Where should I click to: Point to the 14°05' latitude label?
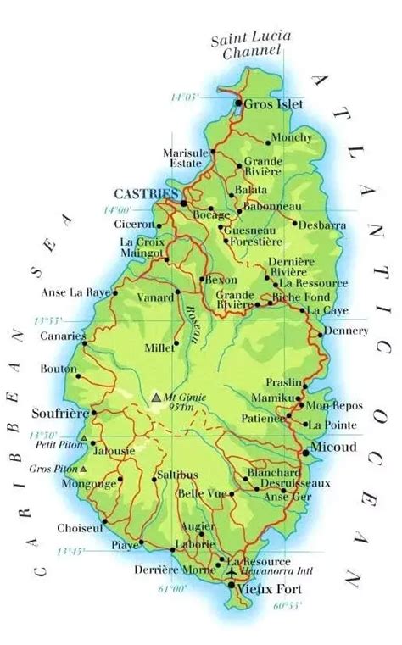point(184,97)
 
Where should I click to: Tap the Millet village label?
point(159,347)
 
